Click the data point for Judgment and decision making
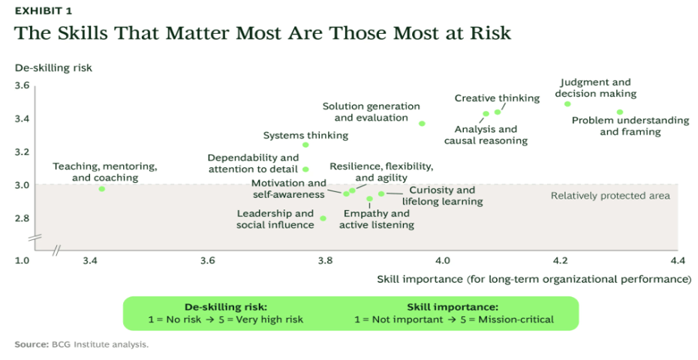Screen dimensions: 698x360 567,104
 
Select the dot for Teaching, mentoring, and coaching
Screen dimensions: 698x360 102,189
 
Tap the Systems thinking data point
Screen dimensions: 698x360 305,145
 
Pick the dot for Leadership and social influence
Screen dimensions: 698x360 323,218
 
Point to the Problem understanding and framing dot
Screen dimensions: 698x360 620,112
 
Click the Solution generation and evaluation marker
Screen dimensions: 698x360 422,124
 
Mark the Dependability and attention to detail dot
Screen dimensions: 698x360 305,169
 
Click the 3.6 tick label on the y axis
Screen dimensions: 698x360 22,85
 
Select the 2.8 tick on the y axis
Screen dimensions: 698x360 22,218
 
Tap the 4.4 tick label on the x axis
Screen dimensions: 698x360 677,260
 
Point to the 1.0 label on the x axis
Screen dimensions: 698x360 22,260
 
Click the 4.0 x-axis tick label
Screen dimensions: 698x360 443,260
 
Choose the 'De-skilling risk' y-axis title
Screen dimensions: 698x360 53,68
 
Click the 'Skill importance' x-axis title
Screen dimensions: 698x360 534,280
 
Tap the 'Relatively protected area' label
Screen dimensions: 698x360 610,196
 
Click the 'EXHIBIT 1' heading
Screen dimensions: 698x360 44,10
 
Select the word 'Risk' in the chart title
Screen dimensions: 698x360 489,33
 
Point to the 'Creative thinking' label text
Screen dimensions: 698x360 497,98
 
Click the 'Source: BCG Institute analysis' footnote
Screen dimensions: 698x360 82,344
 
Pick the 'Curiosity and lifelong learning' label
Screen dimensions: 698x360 443,196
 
